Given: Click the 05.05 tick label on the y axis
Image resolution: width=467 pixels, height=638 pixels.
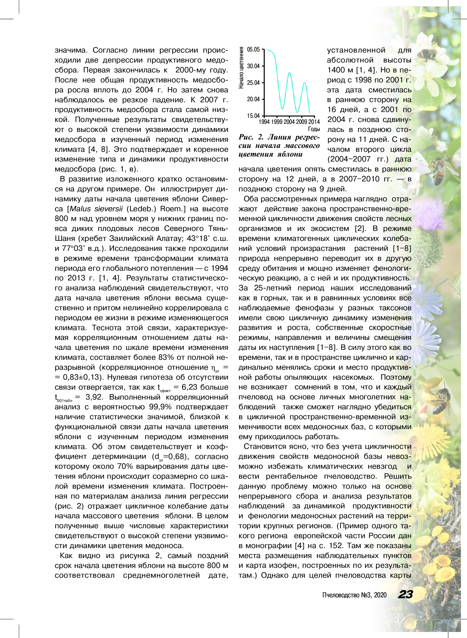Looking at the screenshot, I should [253, 50].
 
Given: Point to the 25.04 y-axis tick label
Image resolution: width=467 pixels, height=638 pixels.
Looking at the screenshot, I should [253, 83].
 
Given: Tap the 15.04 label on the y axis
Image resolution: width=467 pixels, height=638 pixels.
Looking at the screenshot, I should [253, 116].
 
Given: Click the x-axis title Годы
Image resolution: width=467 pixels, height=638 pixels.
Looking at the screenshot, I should [314, 129].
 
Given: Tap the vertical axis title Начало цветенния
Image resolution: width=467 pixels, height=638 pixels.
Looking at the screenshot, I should [241, 68].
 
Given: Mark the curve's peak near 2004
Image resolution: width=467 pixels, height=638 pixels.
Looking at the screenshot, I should [289, 73].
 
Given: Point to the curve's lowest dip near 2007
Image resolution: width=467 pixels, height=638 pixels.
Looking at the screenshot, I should [297, 112].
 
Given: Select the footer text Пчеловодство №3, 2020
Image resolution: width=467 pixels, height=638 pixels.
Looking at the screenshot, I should [354, 595].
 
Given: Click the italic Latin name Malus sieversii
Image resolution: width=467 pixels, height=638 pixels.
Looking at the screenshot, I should [96, 209].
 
